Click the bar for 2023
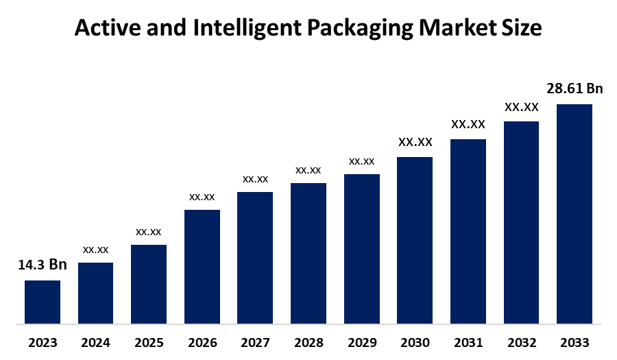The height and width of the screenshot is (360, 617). point(43,302)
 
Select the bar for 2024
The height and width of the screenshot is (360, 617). point(95,293)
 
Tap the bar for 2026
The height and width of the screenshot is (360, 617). point(202,266)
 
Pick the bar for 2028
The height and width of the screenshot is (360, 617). point(308,253)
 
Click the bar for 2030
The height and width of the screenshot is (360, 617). point(415,240)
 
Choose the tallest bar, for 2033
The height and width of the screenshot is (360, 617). point(574,213)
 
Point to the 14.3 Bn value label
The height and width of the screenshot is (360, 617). point(43,265)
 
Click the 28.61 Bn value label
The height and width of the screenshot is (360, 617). point(574,88)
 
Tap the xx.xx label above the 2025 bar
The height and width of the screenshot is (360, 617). point(149,231)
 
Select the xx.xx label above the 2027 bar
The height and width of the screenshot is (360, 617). point(255,178)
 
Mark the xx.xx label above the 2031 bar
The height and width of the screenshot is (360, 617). point(468,124)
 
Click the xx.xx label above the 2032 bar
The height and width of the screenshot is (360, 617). point(521,107)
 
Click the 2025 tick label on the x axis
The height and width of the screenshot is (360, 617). point(149,343)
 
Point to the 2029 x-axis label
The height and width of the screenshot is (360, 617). point(362,343)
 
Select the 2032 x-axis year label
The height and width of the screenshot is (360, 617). point(521,343)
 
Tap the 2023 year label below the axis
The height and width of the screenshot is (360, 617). point(43,343)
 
